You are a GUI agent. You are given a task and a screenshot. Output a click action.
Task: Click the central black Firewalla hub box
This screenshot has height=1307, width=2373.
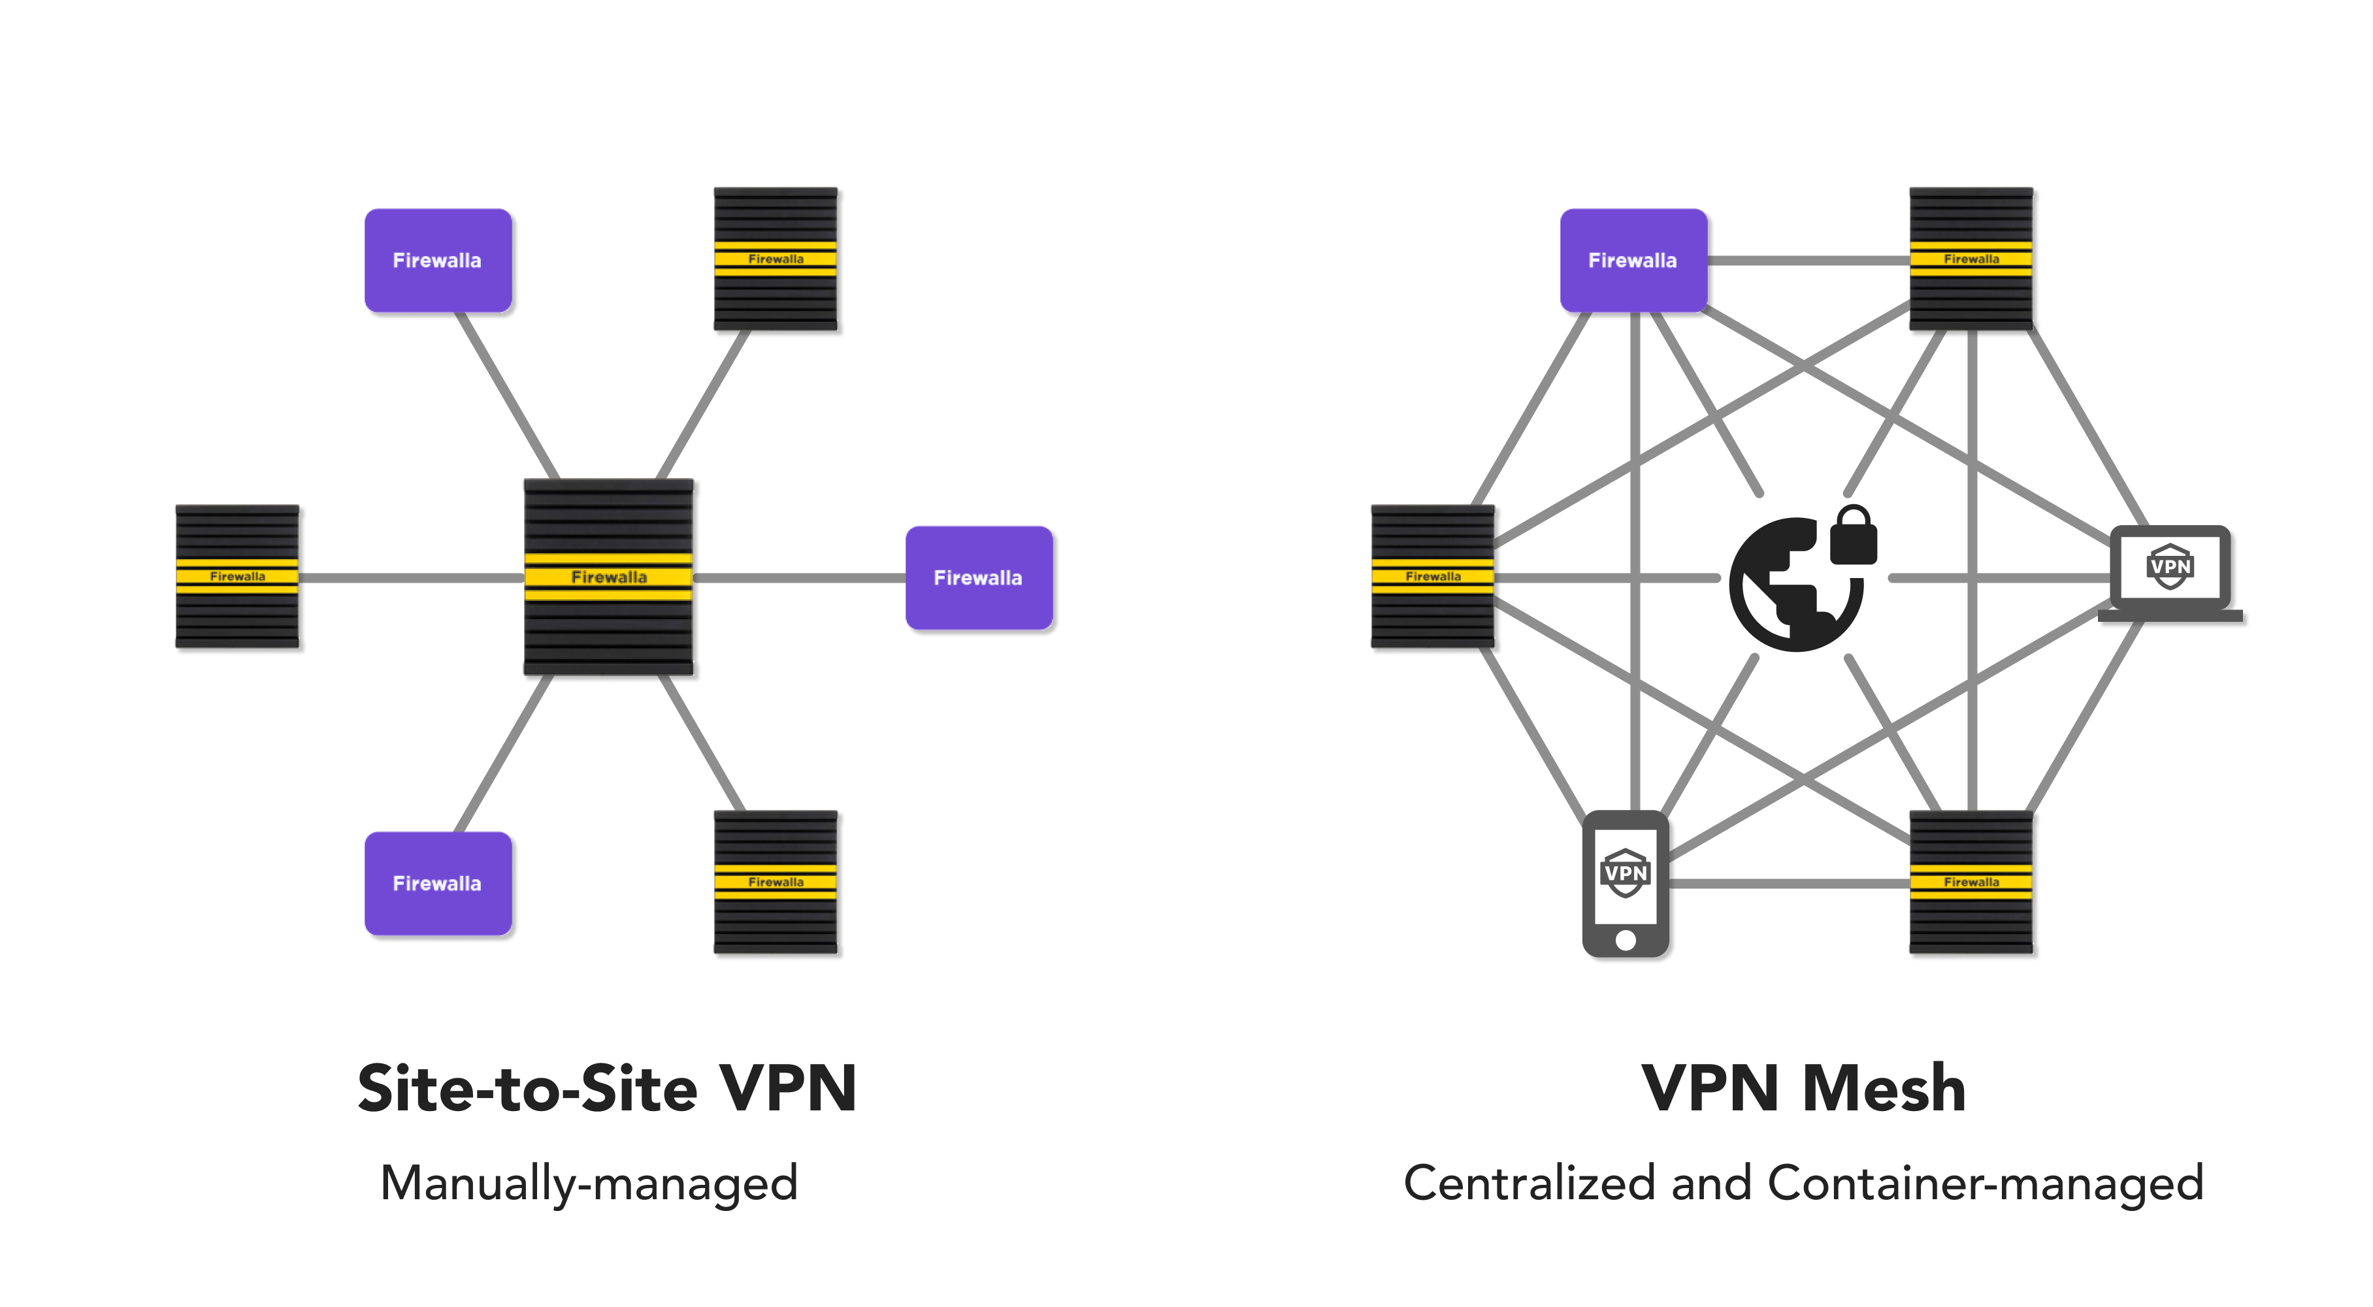[608, 577]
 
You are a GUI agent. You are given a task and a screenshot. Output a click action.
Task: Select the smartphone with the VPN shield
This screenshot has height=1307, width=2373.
[1626, 882]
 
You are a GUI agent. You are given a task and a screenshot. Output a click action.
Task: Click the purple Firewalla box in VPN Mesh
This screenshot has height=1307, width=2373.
[1632, 261]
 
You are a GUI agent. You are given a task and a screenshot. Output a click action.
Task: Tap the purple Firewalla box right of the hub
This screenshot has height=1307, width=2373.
[978, 577]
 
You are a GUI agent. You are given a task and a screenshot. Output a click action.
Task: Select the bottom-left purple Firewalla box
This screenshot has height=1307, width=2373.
[438, 883]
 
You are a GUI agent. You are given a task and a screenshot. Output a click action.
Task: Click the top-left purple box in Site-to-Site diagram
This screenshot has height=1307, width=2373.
[438, 261]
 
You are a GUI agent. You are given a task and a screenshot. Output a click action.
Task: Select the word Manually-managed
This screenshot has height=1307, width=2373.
[589, 1183]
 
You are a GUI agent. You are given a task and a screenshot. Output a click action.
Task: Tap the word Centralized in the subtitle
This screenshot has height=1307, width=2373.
[1528, 1183]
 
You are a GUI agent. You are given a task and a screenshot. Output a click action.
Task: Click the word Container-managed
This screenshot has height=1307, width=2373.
[1985, 1183]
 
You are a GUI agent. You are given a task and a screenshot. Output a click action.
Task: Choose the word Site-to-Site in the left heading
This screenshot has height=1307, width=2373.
[527, 1089]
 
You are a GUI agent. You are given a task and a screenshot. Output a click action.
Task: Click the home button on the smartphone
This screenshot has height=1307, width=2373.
[1626, 939]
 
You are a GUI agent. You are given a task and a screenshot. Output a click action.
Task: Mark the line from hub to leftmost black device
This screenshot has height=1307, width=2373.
[411, 577]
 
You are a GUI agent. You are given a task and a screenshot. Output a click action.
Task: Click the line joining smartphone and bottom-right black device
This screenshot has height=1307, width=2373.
[1787, 883]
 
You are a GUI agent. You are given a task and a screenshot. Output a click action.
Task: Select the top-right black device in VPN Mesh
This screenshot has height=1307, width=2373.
[1971, 259]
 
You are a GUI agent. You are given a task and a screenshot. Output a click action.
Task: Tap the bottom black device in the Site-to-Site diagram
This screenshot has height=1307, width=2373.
[776, 882]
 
